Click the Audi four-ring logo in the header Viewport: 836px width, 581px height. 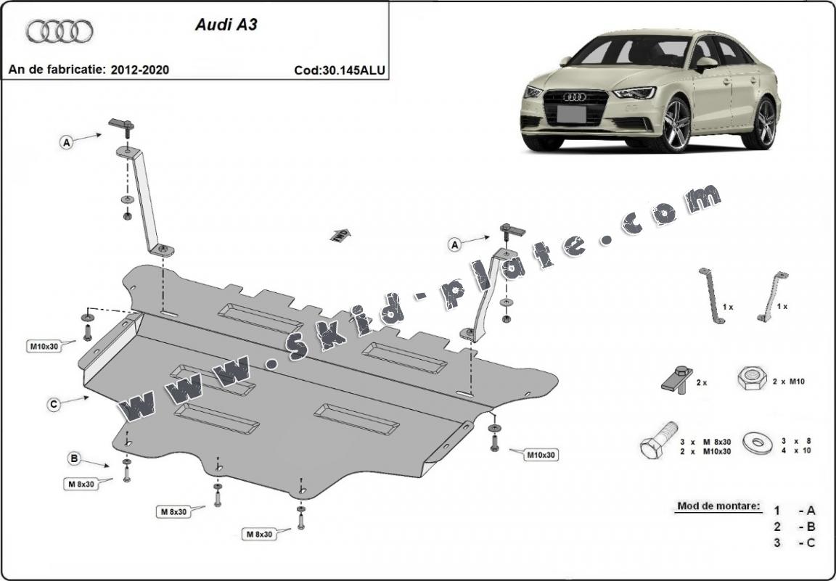60,31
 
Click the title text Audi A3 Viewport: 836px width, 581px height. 226,24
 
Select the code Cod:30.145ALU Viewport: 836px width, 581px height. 340,70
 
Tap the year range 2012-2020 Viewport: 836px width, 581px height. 140,70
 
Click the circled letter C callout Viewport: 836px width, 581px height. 54,405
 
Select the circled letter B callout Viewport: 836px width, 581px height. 74,458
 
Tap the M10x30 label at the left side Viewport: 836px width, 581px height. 43,346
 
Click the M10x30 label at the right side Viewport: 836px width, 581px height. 541,455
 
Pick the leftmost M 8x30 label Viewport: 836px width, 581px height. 81,484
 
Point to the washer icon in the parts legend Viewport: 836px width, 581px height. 760,440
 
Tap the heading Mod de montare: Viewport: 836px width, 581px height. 718,506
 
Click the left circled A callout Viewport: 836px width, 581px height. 67,143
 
